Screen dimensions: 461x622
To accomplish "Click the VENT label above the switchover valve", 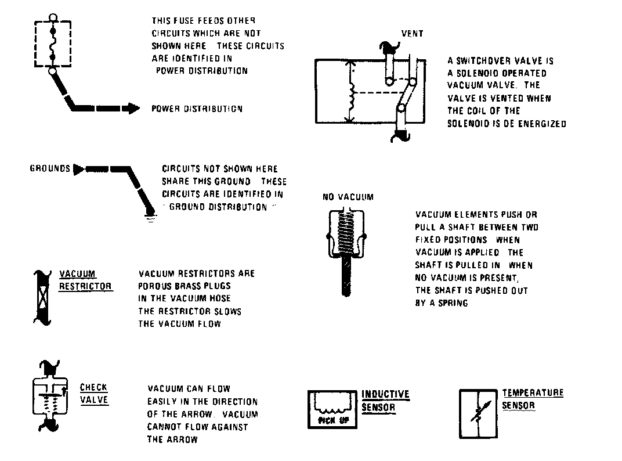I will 412,34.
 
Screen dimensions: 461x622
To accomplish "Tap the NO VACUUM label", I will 348,197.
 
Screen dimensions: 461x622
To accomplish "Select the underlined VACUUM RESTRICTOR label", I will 85,280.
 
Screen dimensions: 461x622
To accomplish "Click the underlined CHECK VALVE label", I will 94,394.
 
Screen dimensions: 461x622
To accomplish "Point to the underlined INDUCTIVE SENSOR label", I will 385,401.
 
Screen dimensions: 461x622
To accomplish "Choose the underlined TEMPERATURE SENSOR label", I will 525,399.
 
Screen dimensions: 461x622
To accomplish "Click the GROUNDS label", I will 50,169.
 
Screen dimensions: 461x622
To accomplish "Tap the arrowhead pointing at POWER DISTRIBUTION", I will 133,108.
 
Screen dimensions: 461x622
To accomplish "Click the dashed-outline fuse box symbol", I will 53,44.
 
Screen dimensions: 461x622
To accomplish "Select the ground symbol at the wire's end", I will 151,218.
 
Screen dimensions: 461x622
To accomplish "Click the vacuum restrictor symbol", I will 42,296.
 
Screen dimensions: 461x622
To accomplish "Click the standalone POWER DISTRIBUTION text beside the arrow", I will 197,109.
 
